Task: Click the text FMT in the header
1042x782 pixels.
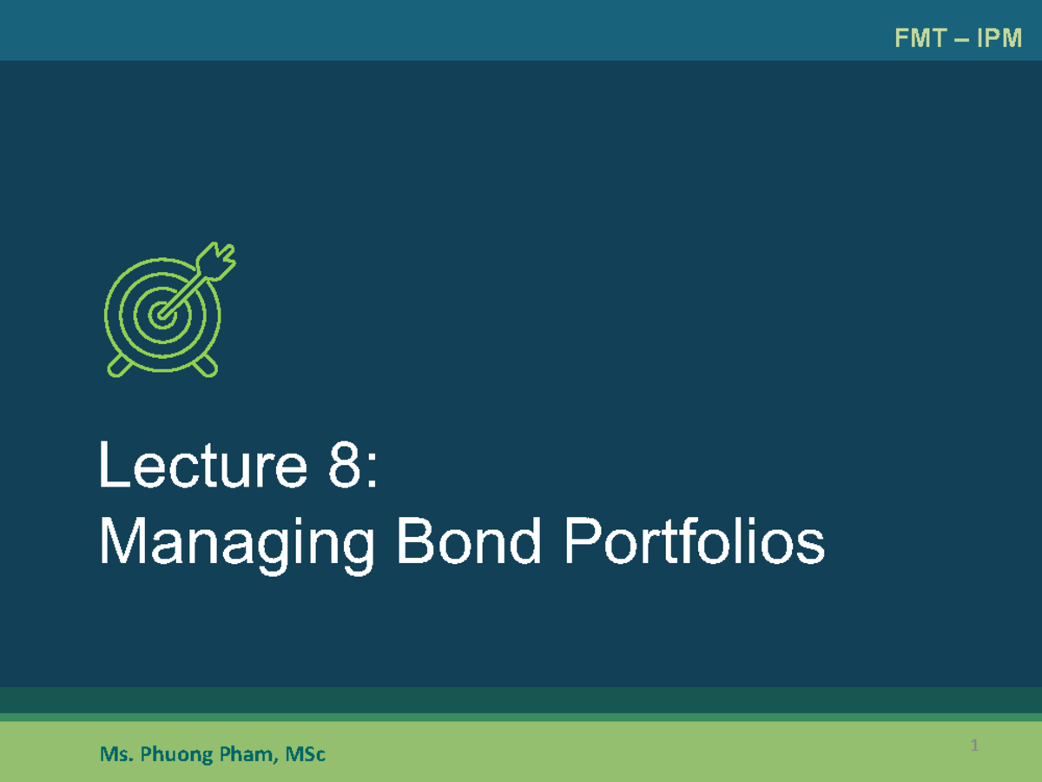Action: pyautogui.click(x=916, y=38)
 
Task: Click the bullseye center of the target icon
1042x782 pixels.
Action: pyautogui.click(x=161, y=315)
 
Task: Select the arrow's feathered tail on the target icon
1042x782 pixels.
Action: pyautogui.click(x=216, y=262)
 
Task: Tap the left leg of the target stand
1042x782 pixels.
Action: pyautogui.click(x=119, y=366)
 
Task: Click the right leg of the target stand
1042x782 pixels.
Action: pyautogui.click(x=205, y=366)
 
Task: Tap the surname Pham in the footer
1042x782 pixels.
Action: pyautogui.click(x=242, y=754)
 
